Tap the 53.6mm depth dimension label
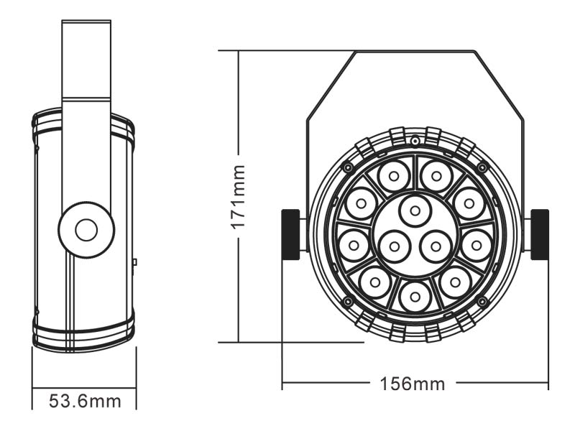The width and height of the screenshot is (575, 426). click(85, 400)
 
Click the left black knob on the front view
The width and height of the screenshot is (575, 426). click(290, 234)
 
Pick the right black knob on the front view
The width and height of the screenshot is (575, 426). click(539, 234)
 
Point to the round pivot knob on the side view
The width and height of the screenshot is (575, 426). click(86, 230)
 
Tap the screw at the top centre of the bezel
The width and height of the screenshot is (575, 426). click(415, 139)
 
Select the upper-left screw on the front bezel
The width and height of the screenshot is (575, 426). click(348, 167)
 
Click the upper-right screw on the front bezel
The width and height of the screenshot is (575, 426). click(482, 167)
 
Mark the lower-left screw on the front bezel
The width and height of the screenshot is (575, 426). click(348, 301)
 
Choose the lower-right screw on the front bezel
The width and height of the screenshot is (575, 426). click(482, 301)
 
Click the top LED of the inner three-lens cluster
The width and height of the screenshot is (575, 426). click(415, 210)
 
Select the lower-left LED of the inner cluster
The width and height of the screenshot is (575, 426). click(394, 246)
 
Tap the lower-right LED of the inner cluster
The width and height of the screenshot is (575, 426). click(436, 246)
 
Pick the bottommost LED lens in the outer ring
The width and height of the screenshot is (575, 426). click(415, 295)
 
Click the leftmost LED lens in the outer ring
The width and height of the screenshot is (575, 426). click(354, 245)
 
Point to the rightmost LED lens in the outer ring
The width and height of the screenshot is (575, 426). click(477, 245)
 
